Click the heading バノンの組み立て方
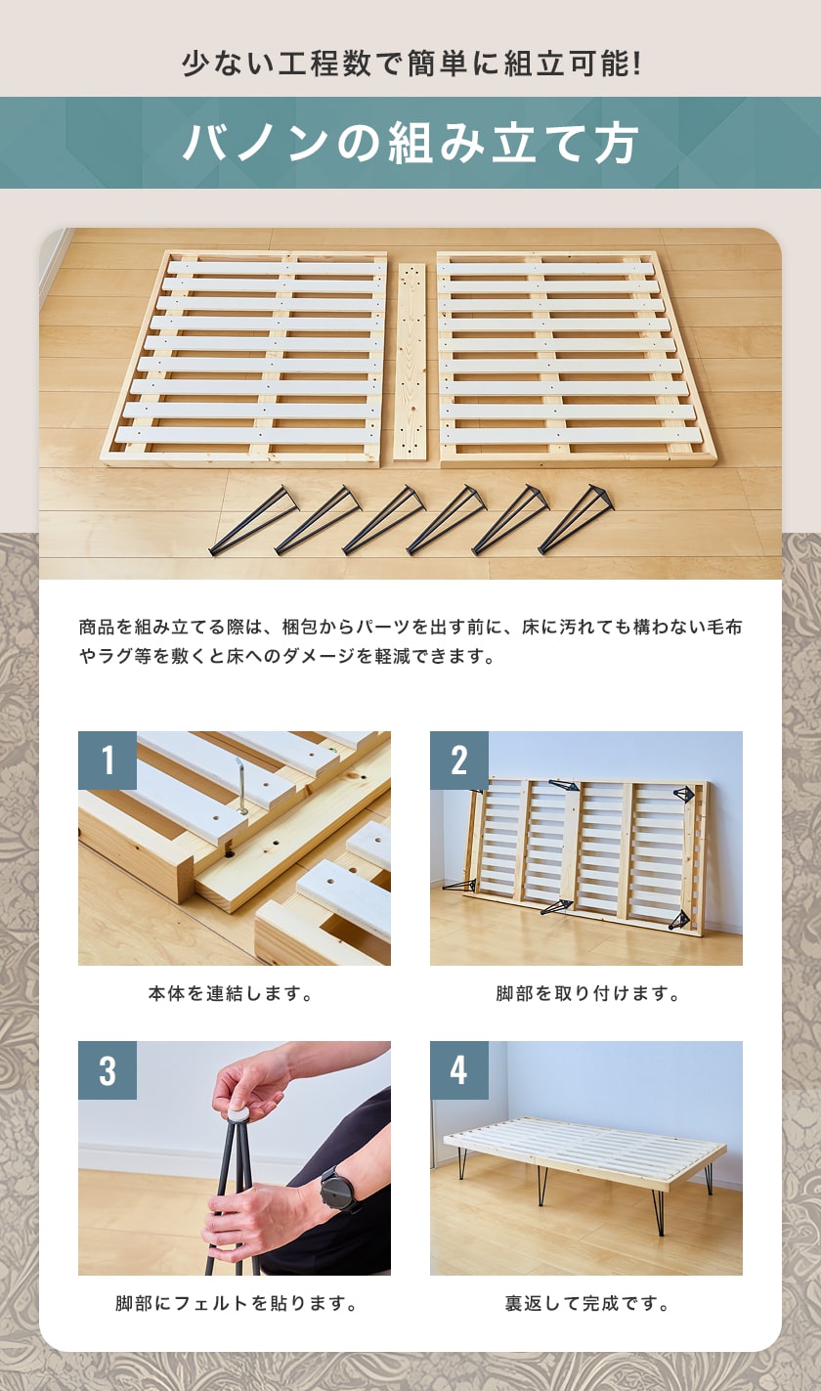pyautogui.click(x=410, y=144)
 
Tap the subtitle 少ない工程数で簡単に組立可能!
pyautogui.click(x=410, y=65)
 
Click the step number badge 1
pyautogui.click(x=108, y=761)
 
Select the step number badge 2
pyautogui.click(x=459, y=761)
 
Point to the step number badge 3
pyautogui.click(x=108, y=1070)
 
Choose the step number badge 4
pyautogui.click(x=459, y=1070)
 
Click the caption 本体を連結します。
pyautogui.click(x=234, y=994)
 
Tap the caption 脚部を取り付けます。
pyautogui.click(x=586, y=994)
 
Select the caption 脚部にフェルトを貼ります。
pyautogui.click(x=234, y=1304)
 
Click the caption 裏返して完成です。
pyautogui.click(x=586, y=1304)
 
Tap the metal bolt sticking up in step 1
pyautogui.click(x=239, y=788)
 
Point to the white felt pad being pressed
pyautogui.click(x=238, y=1110)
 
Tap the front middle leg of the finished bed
pyautogui.click(x=540, y=1186)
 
